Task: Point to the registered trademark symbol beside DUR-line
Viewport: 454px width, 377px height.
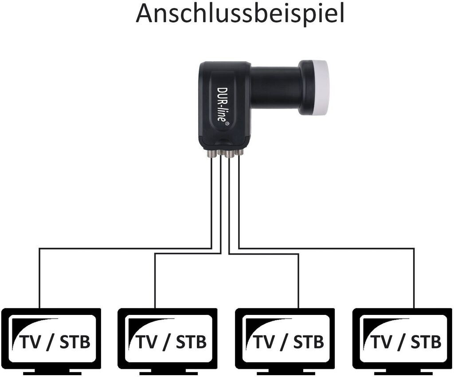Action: pyautogui.click(x=227, y=123)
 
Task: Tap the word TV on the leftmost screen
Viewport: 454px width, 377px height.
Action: pyautogui.click(x=31, y=342)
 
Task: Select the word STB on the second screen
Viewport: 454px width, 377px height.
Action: pyautogui.click(x=192, y=342)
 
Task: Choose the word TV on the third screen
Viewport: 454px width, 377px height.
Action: pyautogui.click(x=264, y=342)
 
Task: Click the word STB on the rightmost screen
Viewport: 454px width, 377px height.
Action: pyautogui.click(x=426, y=342)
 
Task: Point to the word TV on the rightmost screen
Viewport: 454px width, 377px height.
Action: pyautogui.click(x=381, y=342)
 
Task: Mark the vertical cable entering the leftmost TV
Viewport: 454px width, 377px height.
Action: pyautogui.click(x=39, y=278)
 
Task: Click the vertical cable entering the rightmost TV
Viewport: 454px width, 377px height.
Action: pyautogui.click(x=414, y=278)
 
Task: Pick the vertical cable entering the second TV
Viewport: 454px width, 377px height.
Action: pyautogui.click(x=155, y=281)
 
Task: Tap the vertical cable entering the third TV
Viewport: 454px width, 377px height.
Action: pyautogui.click(x=298, y=281)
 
